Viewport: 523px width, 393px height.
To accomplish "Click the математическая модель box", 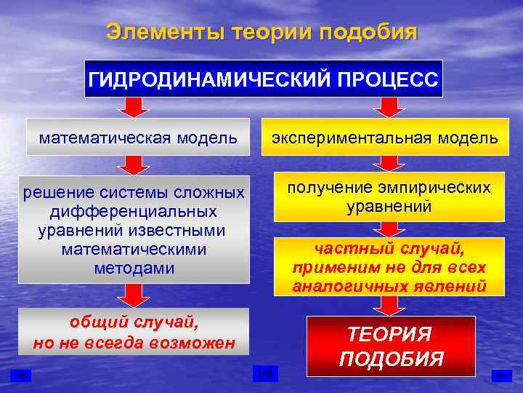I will (138, 137).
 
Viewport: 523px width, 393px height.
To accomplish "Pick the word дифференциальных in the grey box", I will (133, 212).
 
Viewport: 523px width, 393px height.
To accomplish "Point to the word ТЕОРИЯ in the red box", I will (389, 334).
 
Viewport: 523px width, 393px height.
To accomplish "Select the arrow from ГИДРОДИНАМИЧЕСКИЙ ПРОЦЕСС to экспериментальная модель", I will (390, 107).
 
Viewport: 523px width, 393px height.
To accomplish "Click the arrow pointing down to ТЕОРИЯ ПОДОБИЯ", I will (390, 306).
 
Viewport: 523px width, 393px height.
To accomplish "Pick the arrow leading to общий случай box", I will (133, 295).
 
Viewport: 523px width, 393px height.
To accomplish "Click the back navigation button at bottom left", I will (22, 375).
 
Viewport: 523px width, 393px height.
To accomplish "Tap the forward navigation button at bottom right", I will (501, 375).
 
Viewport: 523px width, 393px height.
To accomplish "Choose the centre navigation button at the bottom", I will (265, 374).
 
